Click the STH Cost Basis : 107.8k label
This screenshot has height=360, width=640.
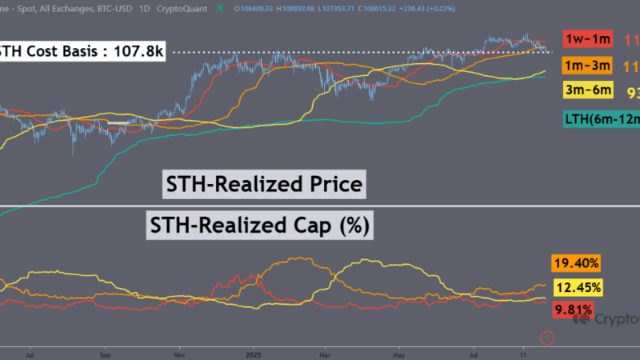click(x=79, y=54)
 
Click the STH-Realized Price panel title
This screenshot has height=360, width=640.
click(x=264, y=186)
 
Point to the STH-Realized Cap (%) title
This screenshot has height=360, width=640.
click(x=259, y=226)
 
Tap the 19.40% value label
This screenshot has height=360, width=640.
click(x=574, y=263)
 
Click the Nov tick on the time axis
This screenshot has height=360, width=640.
click(x=180, y=351)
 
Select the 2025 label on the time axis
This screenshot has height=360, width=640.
click(x=254, y=351)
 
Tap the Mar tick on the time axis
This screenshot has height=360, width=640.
click(x=325, y=351)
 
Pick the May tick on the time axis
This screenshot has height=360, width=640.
click(x=398, y=351)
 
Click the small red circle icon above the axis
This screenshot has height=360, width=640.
click(x=547, y=338)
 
